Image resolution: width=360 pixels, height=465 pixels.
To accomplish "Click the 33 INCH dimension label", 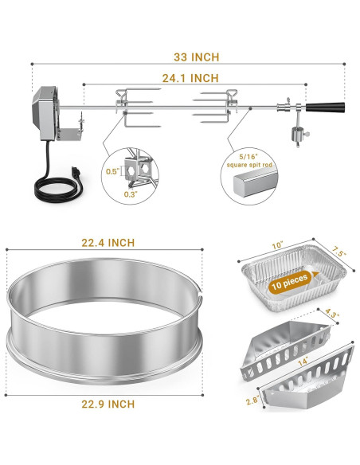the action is (196, 57).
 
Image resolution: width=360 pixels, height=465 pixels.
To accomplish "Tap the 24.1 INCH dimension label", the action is (190, 78).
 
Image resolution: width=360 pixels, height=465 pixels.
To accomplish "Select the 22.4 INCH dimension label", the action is (108, 243).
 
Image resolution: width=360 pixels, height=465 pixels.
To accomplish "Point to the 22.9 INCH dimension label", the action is (108, 404).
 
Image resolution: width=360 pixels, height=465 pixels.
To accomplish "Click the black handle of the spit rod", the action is (326, 107).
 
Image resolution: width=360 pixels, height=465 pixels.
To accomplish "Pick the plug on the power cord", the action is (76, 173).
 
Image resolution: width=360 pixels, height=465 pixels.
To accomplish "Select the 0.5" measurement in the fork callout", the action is (112, 171).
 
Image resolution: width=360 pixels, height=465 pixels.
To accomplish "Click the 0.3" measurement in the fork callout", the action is (131, 194).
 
